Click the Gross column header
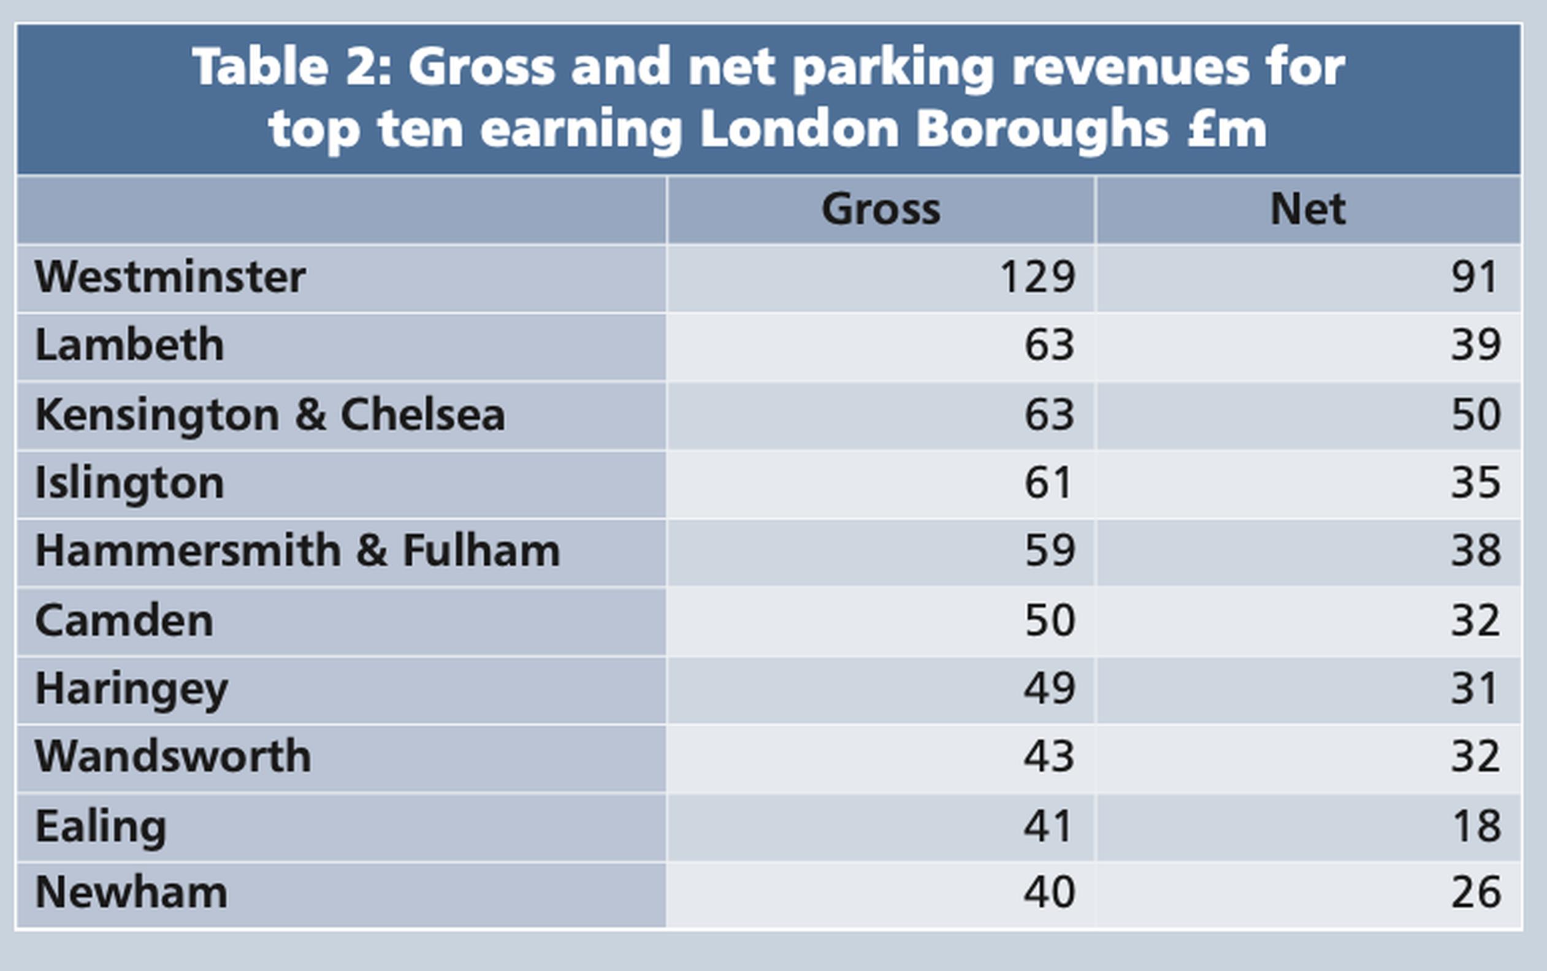[x=880, y=210]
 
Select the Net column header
[x=1307, y=210]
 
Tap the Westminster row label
[x=170, y=278]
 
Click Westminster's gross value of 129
[x=1037, y=278]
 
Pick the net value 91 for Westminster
[x=1475, y=278]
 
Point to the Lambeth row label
[x=129, y=346]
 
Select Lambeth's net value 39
[x=1476, y=346]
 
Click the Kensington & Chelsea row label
[x=270, y=415]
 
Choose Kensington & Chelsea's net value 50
[x=1476, y=415]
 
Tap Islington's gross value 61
[x=1048, y=483]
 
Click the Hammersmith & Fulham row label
[x=297, y=551]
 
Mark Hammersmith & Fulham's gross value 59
[x=1049, y=551]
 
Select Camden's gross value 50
[x=1049, y=620]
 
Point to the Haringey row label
[x=131, y=690]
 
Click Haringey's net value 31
[x=1475, y=688]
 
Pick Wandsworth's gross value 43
[x=1049, y=756]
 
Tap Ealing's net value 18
[x=1476, y=826]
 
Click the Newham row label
[x=131, y=893]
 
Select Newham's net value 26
[x=1476, y=893]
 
